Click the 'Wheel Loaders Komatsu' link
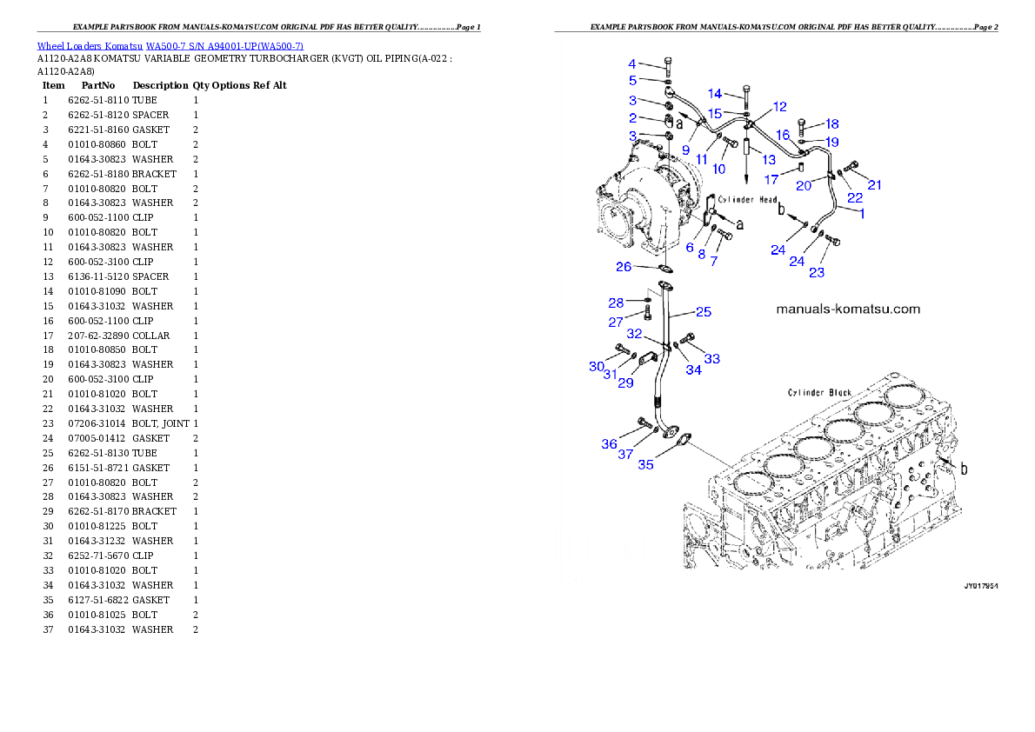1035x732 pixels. pyautogui.click(x=90, y=46)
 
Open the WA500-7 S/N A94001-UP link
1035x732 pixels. pyautogui.click(x=224, y=46)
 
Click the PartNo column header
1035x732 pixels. pyautogui.click(x=98, y=86)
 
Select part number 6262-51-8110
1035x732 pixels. pyautogui.click(x=98, y=100)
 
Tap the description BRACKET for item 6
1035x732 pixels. pyautogui.click(x=155, y=174)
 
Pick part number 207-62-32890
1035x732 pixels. pyautogui.click(x=98, y=336)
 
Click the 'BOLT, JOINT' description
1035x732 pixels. pyautogui.click(x=160, y=423)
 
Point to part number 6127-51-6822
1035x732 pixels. pyautogui.click(x=98, y=600)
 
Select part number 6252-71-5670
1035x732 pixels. pyautogui.click(x=98, y=556)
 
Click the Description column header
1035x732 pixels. pyautogui.click(x=160, y=86)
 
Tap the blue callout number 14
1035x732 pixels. pyautogui.click(x=715, y=94)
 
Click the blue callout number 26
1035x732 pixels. pyautogui.click(x=624, y=267)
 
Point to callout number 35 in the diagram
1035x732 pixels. pyautogui.click(x=645, y=465)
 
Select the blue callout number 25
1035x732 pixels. pyautogui.click(x=704, y=311)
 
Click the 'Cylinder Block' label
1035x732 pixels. pyautogui.click(x=820, y=393)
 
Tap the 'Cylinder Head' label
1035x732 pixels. pyautogui.click(x=748, y=199)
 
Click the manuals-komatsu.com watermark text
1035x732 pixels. pyautogui.click(x=848, y=309)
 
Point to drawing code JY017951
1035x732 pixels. pyautogui.click(x=981, y=586)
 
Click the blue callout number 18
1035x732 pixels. pyautogui.click(x=831, y=124)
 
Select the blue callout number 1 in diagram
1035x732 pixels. pyautogui.click(x=862, y=213)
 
